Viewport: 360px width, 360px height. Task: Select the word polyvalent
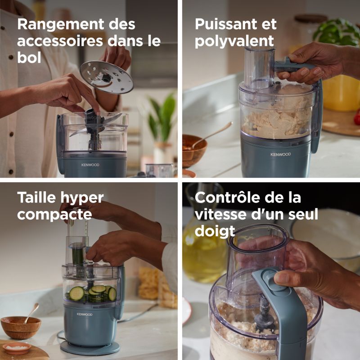tap(234, 41)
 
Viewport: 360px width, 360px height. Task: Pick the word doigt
tap(215, 231)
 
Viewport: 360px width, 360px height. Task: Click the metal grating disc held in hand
tap(107, 77)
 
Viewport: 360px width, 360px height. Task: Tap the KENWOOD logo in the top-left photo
tap(90, 165)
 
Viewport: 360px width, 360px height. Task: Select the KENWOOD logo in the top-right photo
tap(280, 154)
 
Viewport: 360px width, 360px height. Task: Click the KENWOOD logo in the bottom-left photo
tap(85, 314)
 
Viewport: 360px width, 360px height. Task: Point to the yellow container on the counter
tap(342, 93)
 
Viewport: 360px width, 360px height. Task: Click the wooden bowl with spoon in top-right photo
tap(194, 150)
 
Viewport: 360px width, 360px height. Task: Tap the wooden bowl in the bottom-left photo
tap(21, 327)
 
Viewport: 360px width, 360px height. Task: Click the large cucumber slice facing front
tap(76, 293)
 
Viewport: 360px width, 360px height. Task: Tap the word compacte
tap(54, 215)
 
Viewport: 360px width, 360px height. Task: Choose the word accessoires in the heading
tap(60, 41)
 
